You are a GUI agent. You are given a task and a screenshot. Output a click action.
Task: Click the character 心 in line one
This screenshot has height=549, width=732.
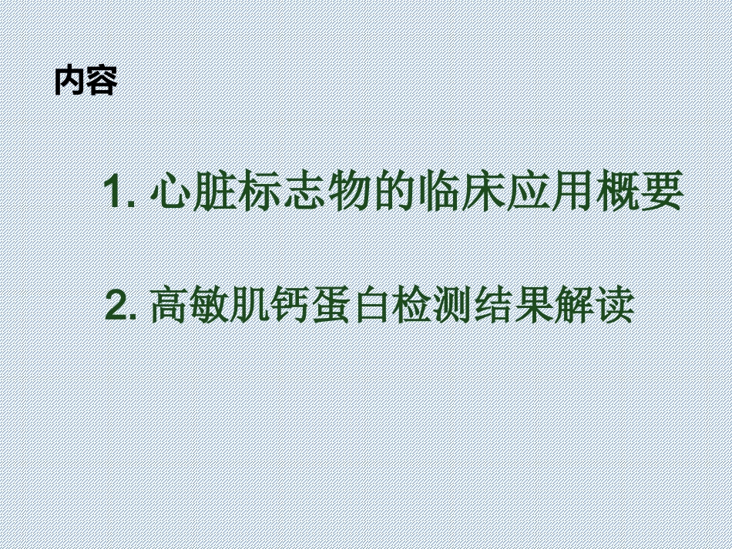tap(170, 192)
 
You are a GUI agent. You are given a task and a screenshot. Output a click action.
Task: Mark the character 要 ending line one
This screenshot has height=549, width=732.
tap(664, 192)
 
